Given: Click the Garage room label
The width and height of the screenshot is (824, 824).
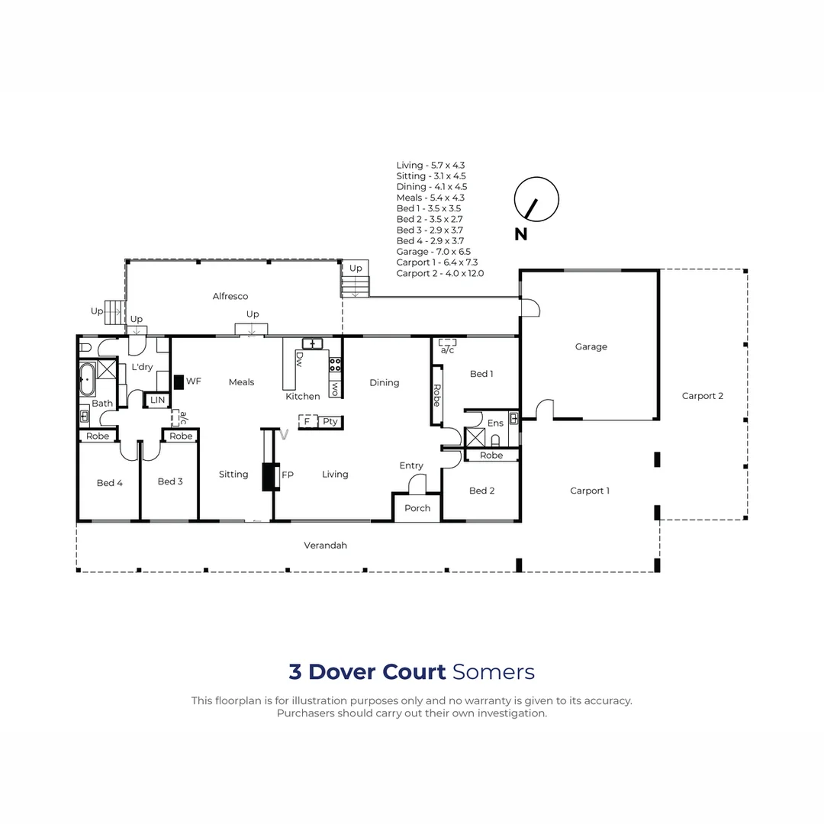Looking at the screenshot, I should coord(591,346).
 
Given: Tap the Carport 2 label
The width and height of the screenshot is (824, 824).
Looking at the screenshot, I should coord(702,396).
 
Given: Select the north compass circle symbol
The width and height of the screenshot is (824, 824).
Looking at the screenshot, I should coord(536,200).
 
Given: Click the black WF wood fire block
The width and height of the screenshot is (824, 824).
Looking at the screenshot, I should coord(179,381).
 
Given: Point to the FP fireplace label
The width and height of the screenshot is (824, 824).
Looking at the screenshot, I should coord(288,475).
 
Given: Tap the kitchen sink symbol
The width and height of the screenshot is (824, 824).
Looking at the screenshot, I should coord(312,343).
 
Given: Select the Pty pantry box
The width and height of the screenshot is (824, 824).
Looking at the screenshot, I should coord(330,422).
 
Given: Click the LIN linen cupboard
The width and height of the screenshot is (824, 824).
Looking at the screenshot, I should coord(157,400).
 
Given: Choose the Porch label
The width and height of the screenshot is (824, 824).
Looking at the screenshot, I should coord(417,508).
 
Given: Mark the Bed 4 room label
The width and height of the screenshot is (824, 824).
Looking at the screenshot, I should coord(109,483).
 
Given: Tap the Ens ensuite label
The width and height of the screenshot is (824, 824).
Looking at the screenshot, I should coord(495,423).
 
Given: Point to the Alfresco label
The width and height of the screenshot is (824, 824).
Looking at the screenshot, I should coord(230,296).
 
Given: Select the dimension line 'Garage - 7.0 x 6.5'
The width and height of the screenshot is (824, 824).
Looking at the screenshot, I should coord(433,251).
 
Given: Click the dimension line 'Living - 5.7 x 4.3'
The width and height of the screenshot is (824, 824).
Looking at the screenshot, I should coord(430,165).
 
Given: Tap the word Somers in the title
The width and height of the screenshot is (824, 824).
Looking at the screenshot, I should coord(493,672).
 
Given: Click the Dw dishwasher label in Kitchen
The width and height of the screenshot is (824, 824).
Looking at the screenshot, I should coord(299,358).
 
